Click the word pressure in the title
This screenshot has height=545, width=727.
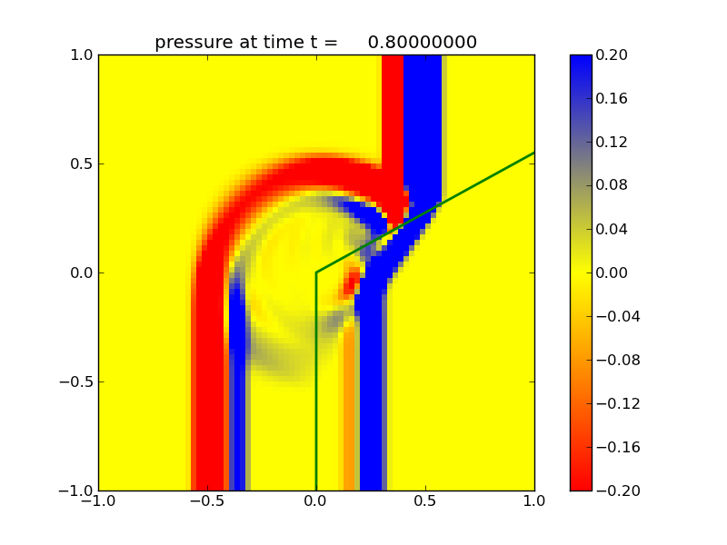(x=188, y=43)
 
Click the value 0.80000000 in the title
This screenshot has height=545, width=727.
(x=423, y=42)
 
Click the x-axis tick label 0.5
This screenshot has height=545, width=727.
(x=425, y=500)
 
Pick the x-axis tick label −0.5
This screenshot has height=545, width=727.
(x=207, y=500)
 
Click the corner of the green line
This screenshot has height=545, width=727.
(x=316, y=272)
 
